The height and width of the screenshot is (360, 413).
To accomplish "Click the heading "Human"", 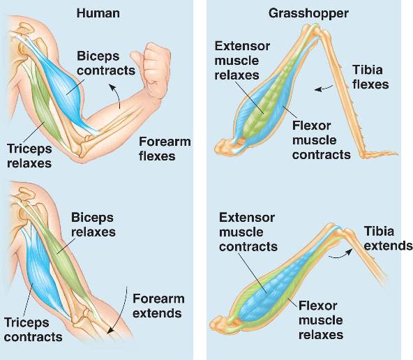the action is pos(98,13).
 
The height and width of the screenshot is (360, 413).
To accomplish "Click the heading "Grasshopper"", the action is pos(308,13).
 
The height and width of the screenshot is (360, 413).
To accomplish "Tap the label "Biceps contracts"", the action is pos(106,63).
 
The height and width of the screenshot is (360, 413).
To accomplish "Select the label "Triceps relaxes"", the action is pos(29,156).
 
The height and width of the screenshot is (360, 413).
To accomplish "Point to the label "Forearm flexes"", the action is pos(165,149).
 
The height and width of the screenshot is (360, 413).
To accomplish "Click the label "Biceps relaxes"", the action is pos(93,225).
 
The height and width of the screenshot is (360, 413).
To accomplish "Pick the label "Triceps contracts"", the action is pos(33,329).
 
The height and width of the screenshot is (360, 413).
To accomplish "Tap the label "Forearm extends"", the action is pos(158,306).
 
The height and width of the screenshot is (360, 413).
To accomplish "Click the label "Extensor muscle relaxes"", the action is pos(242,61).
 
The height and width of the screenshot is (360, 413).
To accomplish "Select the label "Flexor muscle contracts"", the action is pos(322,140).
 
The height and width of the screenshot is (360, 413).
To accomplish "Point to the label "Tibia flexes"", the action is pos(370,77).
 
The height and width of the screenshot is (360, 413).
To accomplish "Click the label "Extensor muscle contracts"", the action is pos(248,232).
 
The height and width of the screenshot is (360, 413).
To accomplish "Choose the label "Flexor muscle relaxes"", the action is pos(321,320).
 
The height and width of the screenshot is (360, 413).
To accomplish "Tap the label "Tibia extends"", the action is pos(388,239).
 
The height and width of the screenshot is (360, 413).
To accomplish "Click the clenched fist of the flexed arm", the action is pos(151,69).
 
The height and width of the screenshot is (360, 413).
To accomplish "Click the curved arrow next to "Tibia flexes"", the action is pos(324,89).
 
